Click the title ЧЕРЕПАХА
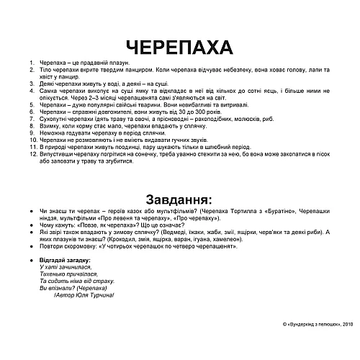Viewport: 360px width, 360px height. coord(179,46)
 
